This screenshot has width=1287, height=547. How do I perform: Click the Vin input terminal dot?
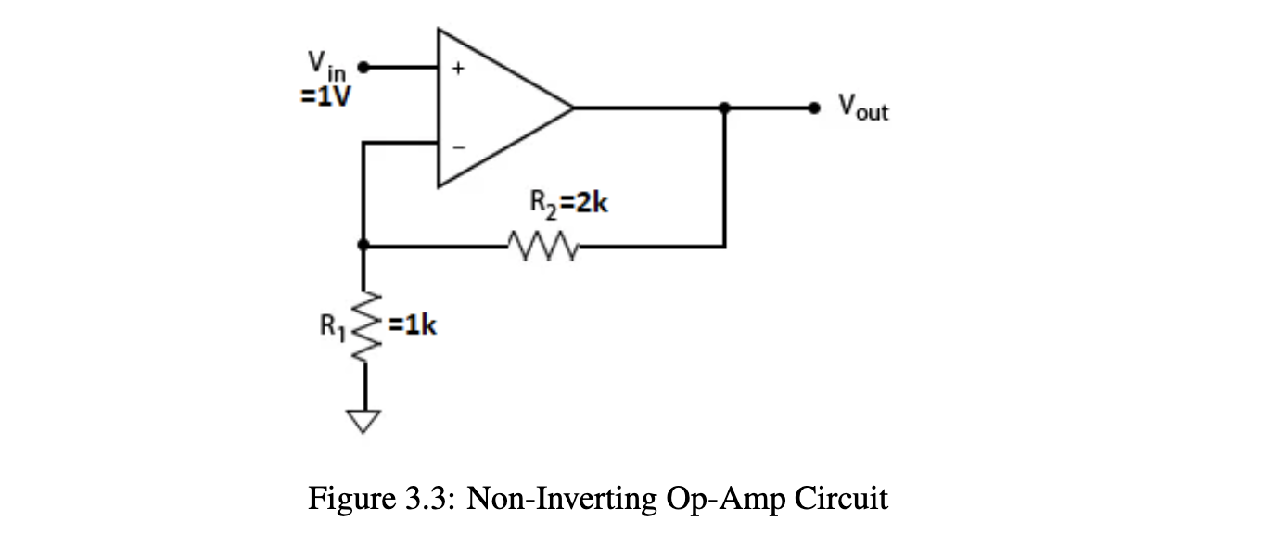pos(363,67)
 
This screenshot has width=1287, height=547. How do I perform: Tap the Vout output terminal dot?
pos(815,108)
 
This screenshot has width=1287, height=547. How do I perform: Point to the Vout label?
pos(862,108)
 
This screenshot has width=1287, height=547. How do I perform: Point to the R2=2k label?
pos(567,203)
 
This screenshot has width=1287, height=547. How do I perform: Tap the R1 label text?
pos(332,326)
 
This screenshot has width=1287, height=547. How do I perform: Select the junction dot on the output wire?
pos(724,108)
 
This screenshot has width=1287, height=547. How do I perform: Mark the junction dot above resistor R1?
pos(363,246)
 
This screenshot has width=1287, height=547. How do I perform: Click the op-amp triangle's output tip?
pos(571,108)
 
